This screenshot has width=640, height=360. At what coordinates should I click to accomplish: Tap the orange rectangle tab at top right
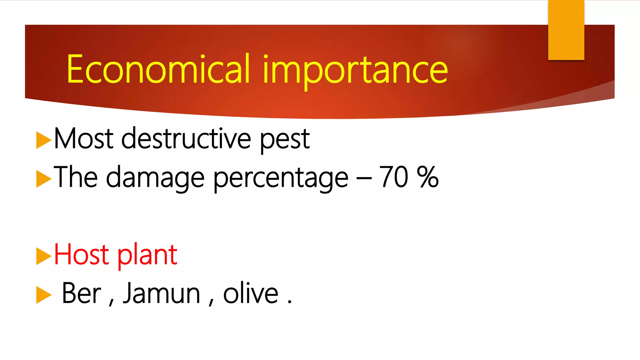coord(566,30)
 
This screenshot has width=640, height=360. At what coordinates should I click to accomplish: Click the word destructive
coord(186,138)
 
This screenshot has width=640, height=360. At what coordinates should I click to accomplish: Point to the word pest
coord(285,140)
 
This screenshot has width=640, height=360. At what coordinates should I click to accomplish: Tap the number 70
coord(393,177)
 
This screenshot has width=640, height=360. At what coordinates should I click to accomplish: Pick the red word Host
coord(81,255)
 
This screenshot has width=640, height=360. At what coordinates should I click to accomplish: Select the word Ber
coord(81,293)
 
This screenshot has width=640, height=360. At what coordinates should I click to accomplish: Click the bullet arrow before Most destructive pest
coord(43,140)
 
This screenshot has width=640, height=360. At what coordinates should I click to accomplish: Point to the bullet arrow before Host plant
coord(43,256)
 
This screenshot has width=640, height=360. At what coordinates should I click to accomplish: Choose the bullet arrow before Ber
coord(43,295)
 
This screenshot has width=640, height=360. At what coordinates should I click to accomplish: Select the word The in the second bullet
coord(76,177)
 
